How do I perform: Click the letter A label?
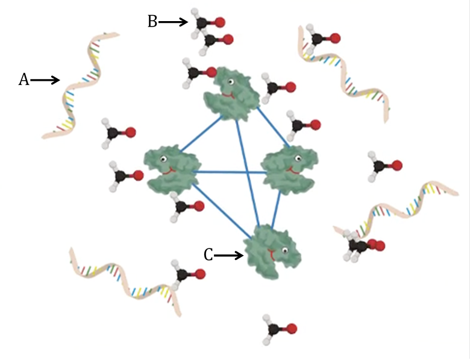click(23, 80)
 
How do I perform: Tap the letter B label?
click(152, 22)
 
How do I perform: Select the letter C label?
click(208, 256)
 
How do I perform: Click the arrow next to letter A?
click(46, 80)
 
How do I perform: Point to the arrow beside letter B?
click(174, 22)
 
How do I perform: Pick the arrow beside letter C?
click(228, 256)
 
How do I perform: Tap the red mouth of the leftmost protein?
click(171, 171)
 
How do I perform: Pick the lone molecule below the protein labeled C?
click(280, 328)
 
